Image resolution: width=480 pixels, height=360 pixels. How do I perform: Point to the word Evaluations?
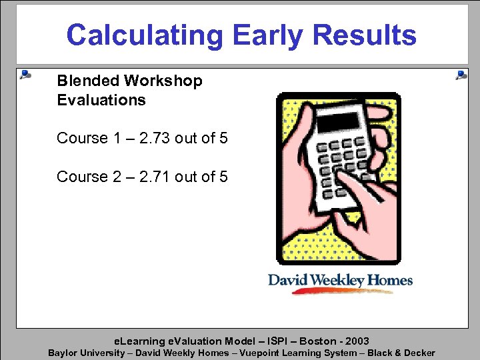point(101,100)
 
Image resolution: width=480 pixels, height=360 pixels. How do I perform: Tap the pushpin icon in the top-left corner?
point(25,74)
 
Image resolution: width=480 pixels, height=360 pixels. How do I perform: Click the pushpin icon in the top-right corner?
point(461,75)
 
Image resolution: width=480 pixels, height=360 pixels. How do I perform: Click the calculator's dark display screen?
point(337,123)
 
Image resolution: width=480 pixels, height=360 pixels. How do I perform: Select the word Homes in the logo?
point(392,279)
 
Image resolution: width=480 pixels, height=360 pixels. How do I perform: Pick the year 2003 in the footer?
point(355,341)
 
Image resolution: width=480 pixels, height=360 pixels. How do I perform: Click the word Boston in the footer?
point(306,341)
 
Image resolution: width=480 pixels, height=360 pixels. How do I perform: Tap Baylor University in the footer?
point(86,353)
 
